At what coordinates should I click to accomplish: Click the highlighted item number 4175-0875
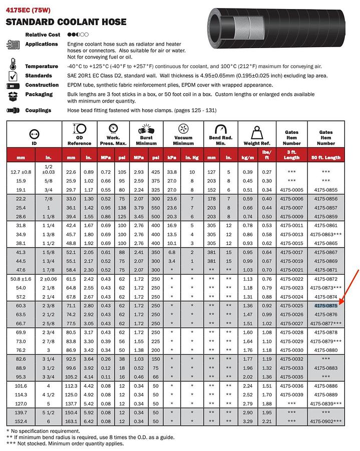pos(326,305)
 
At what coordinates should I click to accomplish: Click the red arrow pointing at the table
pos(349,286)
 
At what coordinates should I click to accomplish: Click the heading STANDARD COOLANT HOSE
pos(66,22)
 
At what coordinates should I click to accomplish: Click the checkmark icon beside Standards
pos(13,76)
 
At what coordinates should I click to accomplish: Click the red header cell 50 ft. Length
pos(326,157)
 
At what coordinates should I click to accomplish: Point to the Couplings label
pos(38,110)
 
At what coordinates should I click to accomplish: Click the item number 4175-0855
pos(326,190)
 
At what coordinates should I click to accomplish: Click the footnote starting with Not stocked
pos(65,443)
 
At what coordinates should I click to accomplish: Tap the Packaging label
pos(39,94)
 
